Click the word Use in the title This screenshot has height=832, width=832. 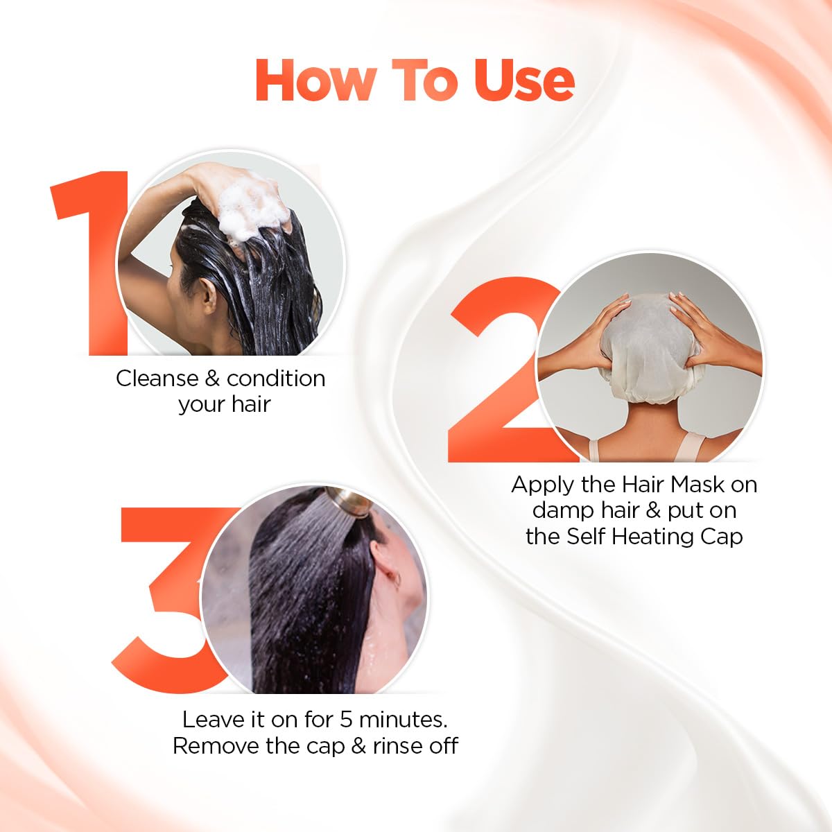click(524, 80)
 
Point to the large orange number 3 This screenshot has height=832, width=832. click(166, 596)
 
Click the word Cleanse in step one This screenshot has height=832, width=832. click(157, 379)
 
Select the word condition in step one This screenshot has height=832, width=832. click(275, 379)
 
